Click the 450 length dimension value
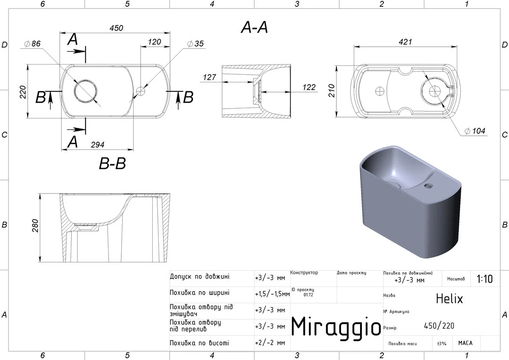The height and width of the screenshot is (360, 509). pos(116,28)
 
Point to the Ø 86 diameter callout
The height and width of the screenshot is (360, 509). pos(33,43)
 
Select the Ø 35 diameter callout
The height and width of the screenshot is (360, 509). pos(196,43)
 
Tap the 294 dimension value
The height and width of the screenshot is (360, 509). pos(98,145)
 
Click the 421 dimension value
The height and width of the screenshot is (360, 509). pos(406,42)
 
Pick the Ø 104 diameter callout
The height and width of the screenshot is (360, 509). pos(475,131)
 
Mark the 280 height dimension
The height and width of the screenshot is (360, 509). pos(35,225)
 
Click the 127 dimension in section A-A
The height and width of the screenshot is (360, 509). pos(209,77)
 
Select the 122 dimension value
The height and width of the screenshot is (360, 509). pos(309,87)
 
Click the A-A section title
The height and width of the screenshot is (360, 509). pos(254,28)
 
